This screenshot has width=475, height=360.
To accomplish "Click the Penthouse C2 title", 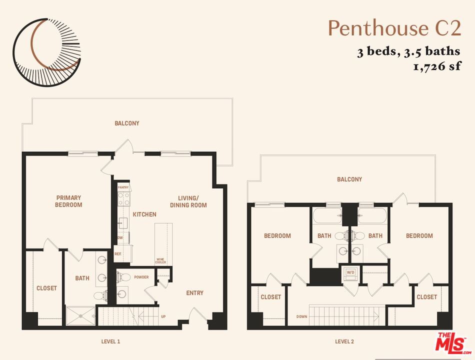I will point(394,28).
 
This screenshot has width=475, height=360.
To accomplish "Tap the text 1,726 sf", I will point(436,66).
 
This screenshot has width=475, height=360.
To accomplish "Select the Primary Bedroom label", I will point(69,201).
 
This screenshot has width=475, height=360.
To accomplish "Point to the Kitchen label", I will point(144,214).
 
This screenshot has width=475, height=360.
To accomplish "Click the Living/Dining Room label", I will point(188,201).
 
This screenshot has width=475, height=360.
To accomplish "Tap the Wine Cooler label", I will point(160,260).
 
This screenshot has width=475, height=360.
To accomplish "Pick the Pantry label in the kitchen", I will point(123,187).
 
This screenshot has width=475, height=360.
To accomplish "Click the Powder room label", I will point(141,277).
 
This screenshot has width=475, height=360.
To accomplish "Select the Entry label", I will point(194,293).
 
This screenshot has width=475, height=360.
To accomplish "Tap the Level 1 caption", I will point(110,342).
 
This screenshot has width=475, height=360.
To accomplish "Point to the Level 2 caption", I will point(344,342).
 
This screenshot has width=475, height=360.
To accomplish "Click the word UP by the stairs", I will point(163,316).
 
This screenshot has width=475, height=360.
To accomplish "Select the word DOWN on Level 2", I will point(301,316).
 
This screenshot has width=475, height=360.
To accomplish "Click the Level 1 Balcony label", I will point(127,123).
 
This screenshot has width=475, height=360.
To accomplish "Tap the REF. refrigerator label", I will point(118,253).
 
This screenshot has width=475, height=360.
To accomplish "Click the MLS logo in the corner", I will point(452,343).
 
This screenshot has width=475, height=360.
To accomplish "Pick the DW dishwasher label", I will point(120,237).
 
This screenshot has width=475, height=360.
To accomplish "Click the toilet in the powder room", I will point(123,277).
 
